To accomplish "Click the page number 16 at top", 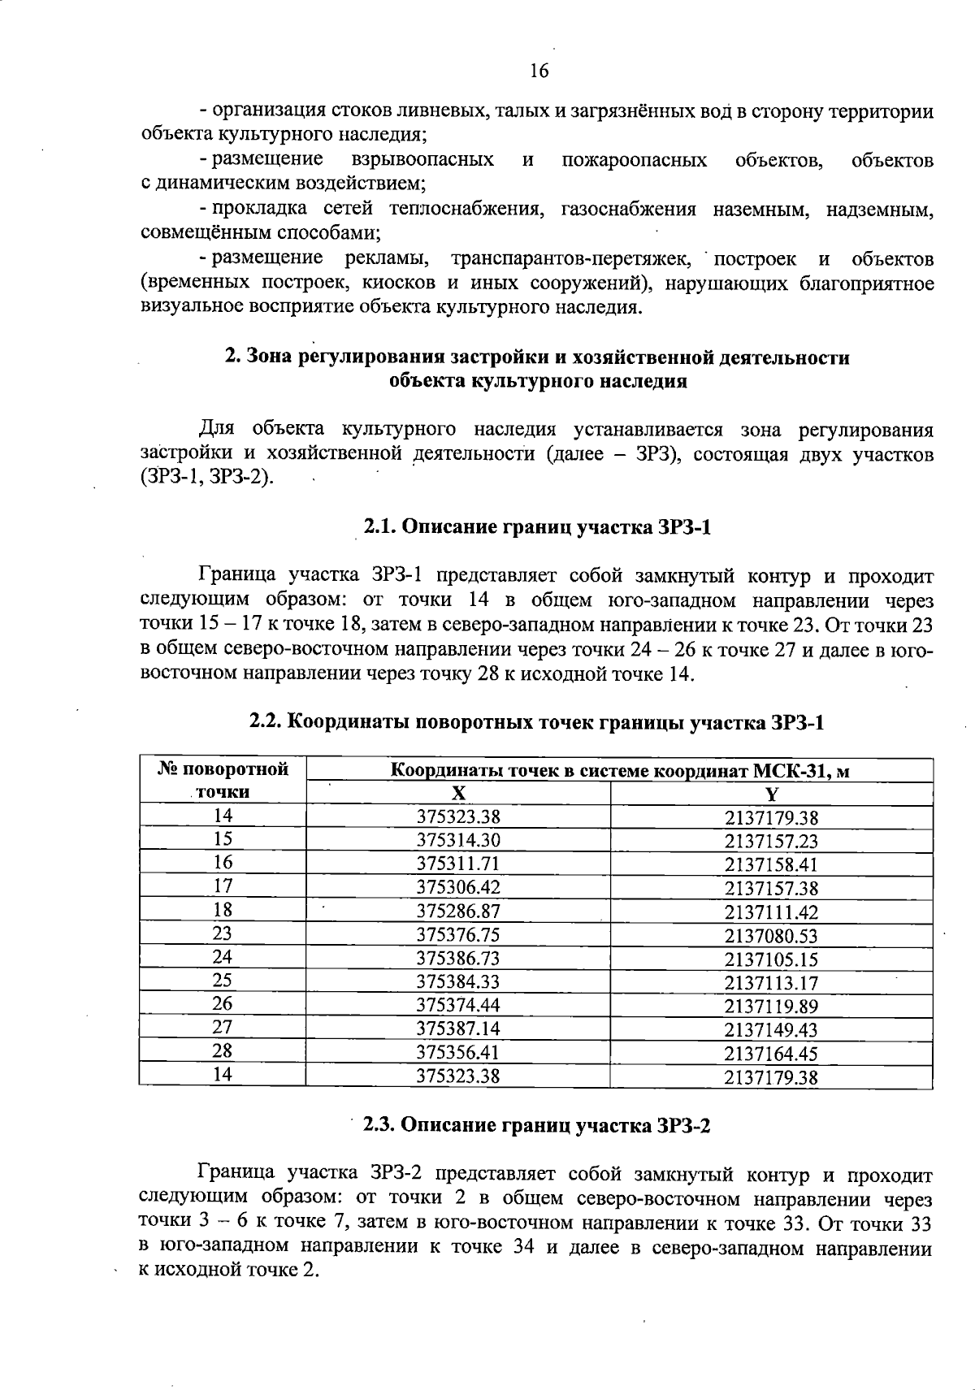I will (x=539, y=71).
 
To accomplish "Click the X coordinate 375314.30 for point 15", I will (x=458, y=841).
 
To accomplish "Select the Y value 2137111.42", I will (x=771, y=912).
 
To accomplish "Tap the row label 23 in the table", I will (x=223, y=934).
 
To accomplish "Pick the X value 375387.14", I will (x=458, y=1029).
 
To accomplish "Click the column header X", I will (x=458, y=794).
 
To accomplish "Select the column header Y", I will (x=771, y=794).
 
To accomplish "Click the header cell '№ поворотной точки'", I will (x=223, y=781).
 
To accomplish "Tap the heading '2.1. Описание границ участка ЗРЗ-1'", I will (x=537, y=528).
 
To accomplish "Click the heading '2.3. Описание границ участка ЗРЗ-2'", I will (x=536, y=1125).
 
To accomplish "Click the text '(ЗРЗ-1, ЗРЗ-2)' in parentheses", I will (x=207, y=477).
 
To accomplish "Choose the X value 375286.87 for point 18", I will (x=458, y=912).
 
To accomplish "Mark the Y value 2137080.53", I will (x=771, y=936).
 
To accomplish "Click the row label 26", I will (x=223, y=1004).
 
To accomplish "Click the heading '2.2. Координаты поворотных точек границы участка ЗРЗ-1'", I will (x=537, y=721).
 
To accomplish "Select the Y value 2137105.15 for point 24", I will (x=771, y=959).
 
